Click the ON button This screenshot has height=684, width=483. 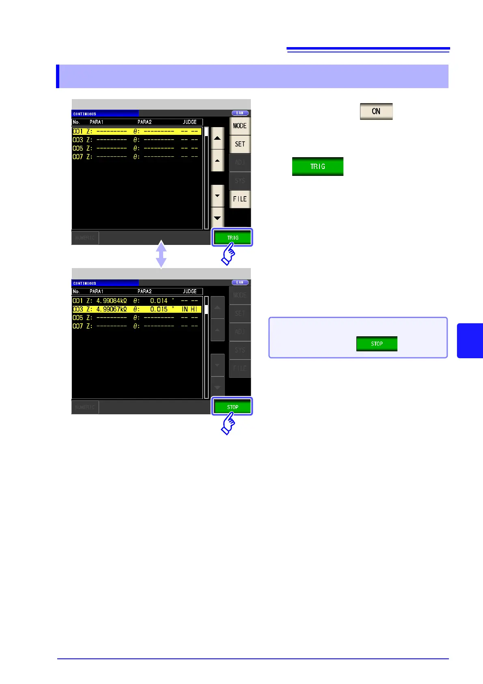pyautogui.click(x=376, y=111)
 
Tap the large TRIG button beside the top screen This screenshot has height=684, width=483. pyautogui.click(x=317, y=167)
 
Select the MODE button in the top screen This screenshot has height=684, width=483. pyautogui.click(x=239, y=126)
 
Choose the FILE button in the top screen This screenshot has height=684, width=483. pyautogui.click(x=239, y=199)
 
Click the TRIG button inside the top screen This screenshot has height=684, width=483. pyautogui.click(x=233, y=238)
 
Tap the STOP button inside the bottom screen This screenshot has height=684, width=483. pyautogui.click(x=233, y=407)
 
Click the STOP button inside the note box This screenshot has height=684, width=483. pyautogui.click(x=377, y=344)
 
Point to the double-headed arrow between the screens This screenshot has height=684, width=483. pyautogui.click(x=161, y=254)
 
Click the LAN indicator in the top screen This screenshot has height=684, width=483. pyautogui.click(x=240, y=113)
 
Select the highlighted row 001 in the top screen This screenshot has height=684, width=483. pyautogui.click(x=136, y=131)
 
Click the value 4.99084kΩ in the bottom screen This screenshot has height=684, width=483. pyautogui.click(x=111, y=301)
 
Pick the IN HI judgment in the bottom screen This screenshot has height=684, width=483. pyautogui.click(x=189, y=310)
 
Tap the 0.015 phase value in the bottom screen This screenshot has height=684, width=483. pyautogui.click(x=159, y=310)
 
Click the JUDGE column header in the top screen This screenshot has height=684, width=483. pyautogui.click(x=190, y=122)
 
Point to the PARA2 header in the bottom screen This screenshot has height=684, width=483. pyautogui.click(x=144, y=291)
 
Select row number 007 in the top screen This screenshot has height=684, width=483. pyautogui.click(x=78, y=157)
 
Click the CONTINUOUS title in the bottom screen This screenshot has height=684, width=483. pyautogui.click(x=85, y=283)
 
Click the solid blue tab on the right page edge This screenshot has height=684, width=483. pyautogui.click(x=470, y=340)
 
